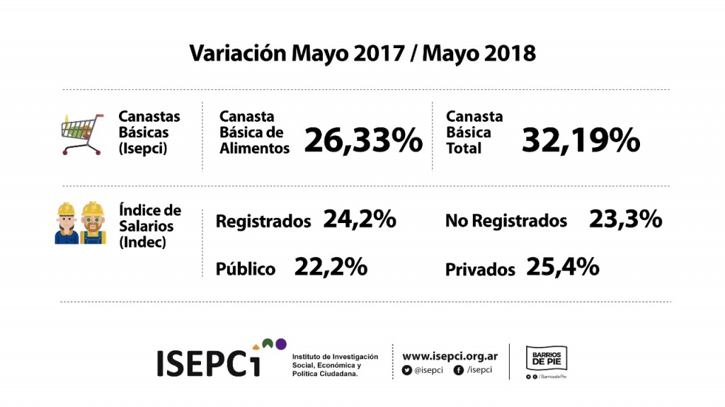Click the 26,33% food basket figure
coord(363,140)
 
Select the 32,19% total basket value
coord(581,140)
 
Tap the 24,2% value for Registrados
coord(360,219)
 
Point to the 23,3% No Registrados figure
coord(626,219)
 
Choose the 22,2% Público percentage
coord(331,267)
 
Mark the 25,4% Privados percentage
coord(563,267)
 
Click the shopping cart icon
coord(82,134)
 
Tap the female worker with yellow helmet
coord(67,223)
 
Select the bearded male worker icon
coord(93,223)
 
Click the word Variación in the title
coord(238,53)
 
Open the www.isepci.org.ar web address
coord(450,356)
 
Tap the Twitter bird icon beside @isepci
coord(407,370)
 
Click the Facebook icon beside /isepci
coord(459,370)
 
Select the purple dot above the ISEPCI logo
coord(280,344)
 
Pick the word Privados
coord(480,270)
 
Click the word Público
coord(246,269)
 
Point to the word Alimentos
coord(254,149)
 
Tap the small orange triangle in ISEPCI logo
coord(256,347)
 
